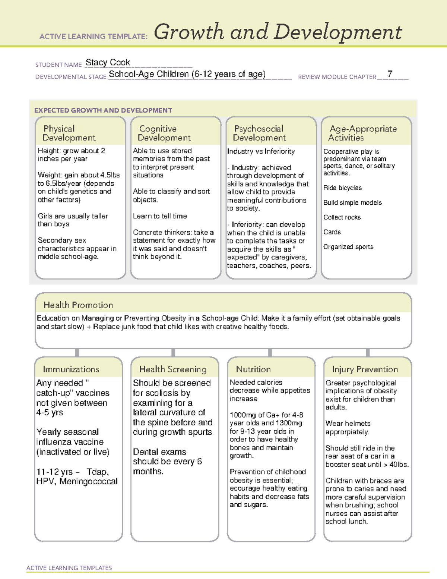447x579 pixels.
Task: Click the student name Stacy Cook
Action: (x=108, y=63)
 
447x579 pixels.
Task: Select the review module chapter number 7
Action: (x=390, y=74)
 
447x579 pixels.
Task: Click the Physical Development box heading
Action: (x=69, y=133)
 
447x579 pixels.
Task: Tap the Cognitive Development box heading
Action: (x=164, y=133)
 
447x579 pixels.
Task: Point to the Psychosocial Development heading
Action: (x=259, y=133)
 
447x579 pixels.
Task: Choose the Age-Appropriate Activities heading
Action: (x=363, y=133)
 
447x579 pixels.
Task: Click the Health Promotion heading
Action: (x=78, y=305)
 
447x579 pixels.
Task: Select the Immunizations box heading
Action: (x=71, y=369)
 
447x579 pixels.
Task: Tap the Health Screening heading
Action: (x=173, y=369)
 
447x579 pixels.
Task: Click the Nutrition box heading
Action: (x=253, y=369)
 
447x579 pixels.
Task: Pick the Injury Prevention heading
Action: (x=365, y=369)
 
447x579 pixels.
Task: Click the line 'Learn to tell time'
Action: (x=160, y=216)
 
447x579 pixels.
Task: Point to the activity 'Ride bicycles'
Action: (x=342, y=188)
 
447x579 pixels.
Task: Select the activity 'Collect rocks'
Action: (x=342, y=217)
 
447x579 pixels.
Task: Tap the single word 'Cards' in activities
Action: (x=332, y=232)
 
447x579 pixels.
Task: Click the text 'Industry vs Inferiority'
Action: (x=261, y=151)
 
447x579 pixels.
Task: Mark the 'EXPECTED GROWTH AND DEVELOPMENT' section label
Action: (x=103, y=110)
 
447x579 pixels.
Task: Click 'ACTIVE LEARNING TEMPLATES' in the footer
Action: (x=69, y=568)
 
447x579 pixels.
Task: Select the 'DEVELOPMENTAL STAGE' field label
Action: (x=71, y=77)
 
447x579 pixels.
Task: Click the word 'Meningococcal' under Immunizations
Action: (x=89, y=481)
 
